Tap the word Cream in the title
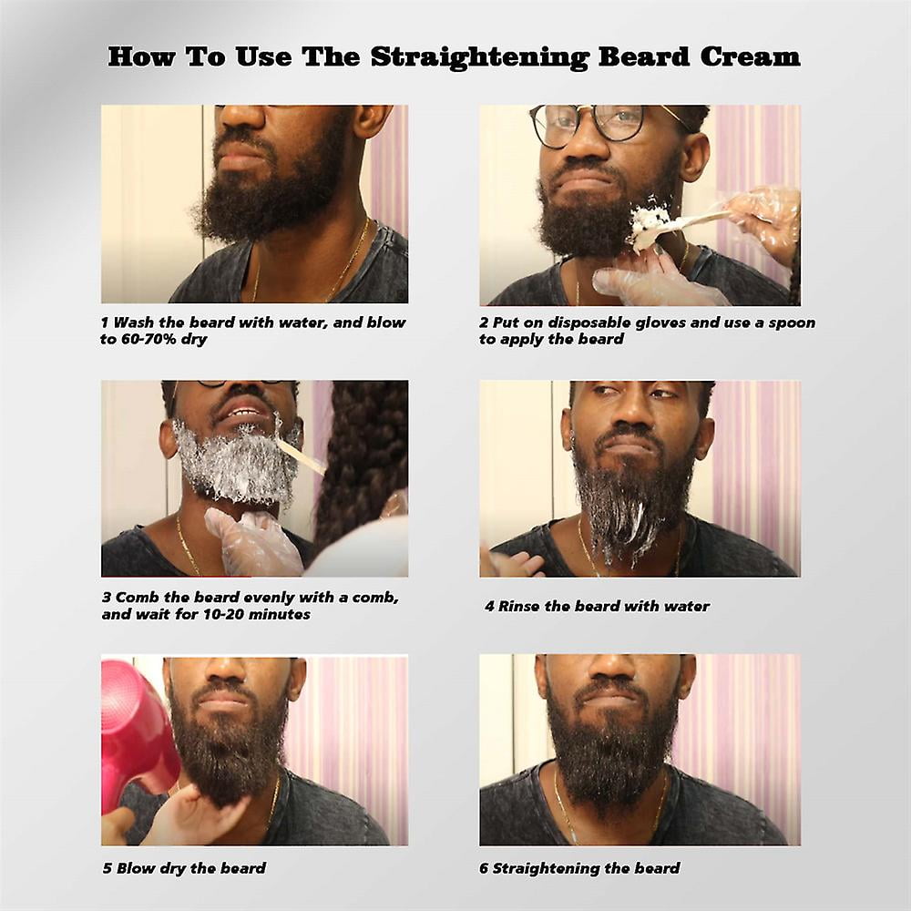750,56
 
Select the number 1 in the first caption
105,322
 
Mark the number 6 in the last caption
484,868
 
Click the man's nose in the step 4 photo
630,414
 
